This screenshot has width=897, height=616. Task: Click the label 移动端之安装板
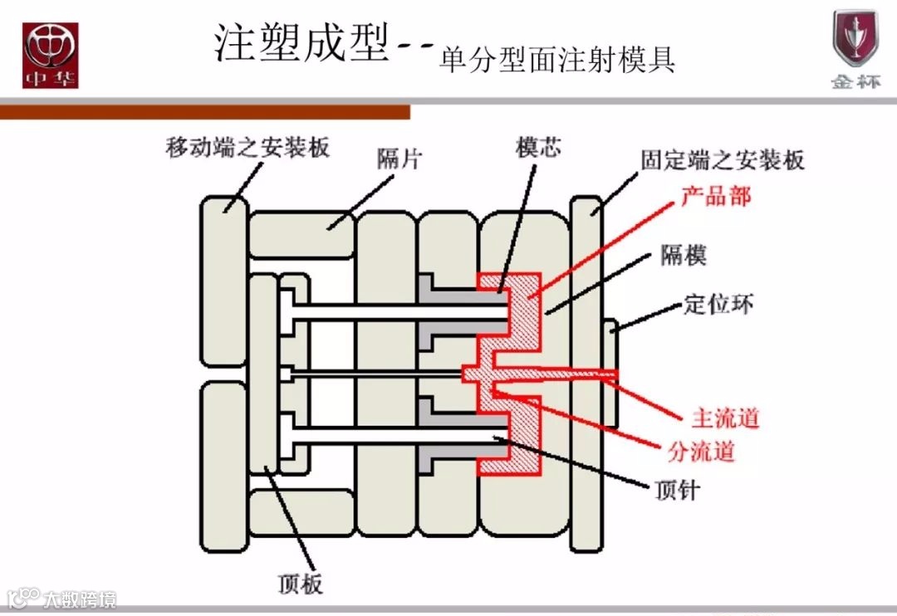248,148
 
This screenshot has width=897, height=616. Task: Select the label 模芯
537,147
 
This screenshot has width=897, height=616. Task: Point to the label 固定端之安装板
723,159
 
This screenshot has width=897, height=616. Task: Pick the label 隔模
684,255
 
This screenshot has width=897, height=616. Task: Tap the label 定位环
718,304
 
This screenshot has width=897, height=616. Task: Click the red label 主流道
725,418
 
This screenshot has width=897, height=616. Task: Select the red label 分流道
701,452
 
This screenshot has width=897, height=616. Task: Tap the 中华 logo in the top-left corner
50,55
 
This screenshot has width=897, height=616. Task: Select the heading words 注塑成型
301,42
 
